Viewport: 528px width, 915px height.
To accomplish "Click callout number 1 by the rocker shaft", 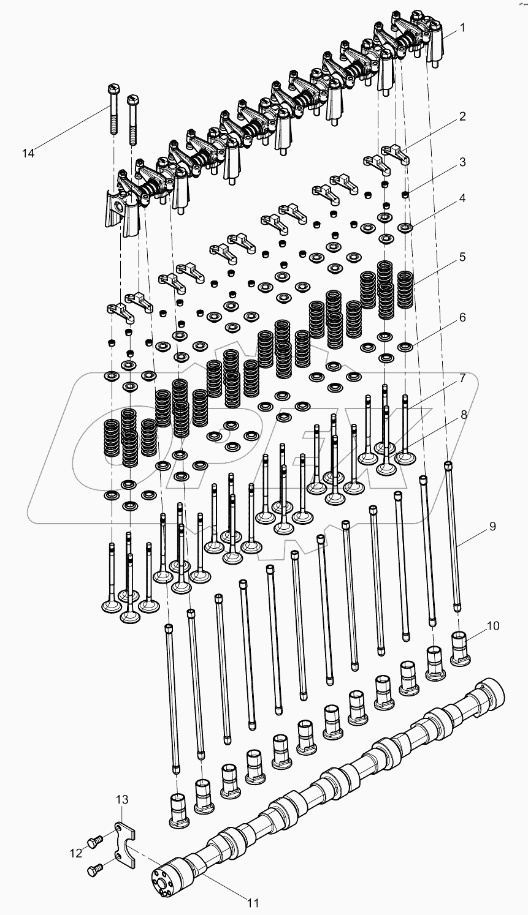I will [462, 27].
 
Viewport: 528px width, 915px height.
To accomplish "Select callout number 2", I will [462, 116].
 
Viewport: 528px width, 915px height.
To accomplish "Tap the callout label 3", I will [462, 162].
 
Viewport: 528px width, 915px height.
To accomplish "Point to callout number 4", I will [462, 198].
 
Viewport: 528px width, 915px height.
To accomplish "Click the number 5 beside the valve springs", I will [462, 257].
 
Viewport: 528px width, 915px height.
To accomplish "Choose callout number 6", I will [462, 317].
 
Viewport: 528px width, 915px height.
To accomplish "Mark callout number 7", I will [462, 378].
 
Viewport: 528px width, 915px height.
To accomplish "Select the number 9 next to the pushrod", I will [492, 526].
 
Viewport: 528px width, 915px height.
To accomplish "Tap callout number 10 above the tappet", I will [494, 625].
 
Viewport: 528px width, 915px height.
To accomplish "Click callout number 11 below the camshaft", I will [253, 902].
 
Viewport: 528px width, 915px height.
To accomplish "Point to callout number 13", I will [123, 799].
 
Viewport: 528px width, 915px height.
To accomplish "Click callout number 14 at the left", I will [28, 152].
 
